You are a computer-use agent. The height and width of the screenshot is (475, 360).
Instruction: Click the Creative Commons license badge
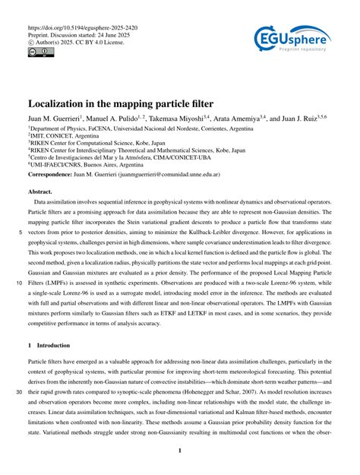point(37,53)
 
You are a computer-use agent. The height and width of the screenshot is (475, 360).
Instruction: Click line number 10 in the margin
point(17,280)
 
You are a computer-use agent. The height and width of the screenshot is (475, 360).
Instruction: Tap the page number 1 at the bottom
point(180,451)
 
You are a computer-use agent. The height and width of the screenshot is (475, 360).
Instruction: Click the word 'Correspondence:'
point(53,174)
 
